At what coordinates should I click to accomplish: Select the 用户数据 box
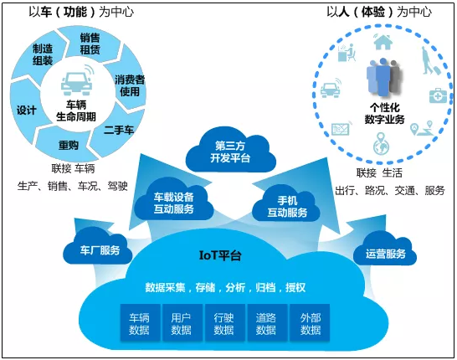182,323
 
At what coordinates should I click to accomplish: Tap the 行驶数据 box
224,323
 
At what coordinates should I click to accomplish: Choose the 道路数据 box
267,323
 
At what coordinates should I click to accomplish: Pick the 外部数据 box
311,323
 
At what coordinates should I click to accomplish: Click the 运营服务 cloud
385,253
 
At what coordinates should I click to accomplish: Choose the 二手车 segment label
119,130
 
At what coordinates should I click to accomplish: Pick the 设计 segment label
26,109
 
